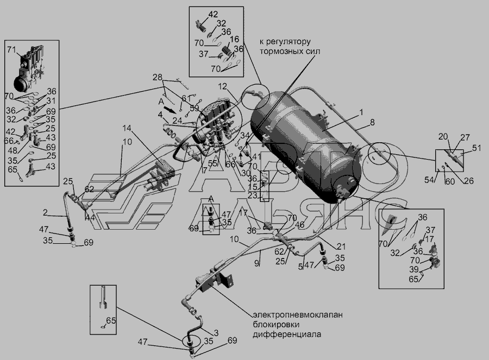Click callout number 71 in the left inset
(x=11, y=50)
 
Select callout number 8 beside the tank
(x=372, y=123)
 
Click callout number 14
(x=127, y=128)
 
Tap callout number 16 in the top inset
(x=234, y=40)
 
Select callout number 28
(x=157, y=76)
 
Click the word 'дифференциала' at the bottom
(x=287, y=334)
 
